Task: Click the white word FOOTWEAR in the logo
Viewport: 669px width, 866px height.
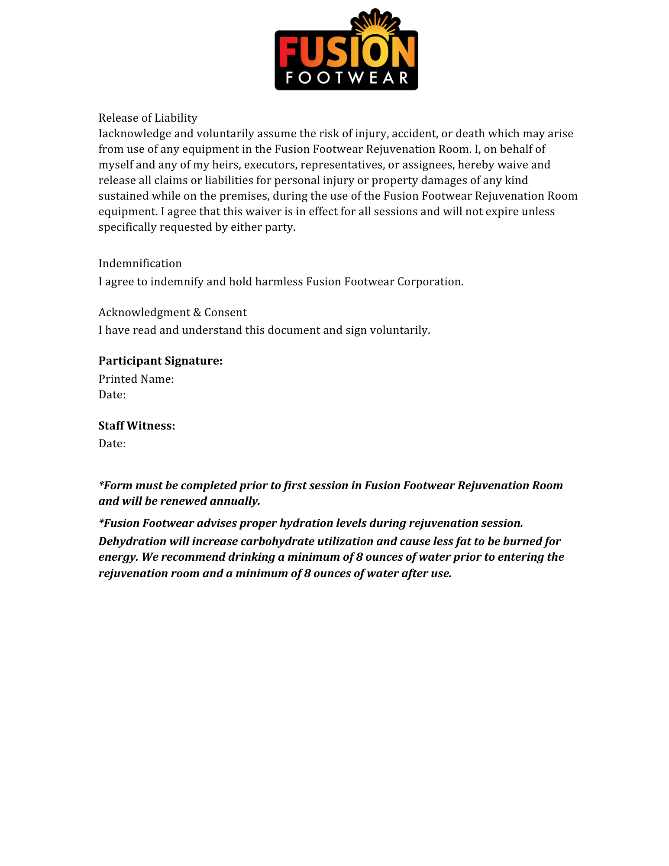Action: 346,78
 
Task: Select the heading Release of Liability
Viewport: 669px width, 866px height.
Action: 148,118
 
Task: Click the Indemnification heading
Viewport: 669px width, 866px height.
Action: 140,263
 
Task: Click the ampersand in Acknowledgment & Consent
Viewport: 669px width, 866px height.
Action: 197,313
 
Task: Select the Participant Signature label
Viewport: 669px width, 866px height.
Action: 160,361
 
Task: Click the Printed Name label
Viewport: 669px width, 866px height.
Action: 136,379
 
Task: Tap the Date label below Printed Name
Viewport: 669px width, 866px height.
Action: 112,395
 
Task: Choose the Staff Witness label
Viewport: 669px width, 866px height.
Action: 136,426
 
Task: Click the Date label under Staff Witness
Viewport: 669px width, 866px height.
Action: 112,444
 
